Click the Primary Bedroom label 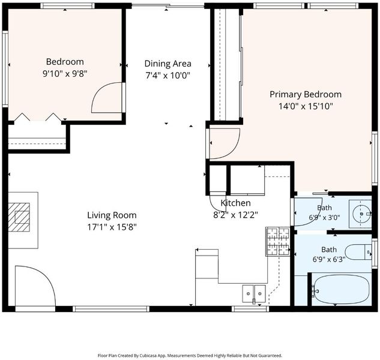coord(306,94)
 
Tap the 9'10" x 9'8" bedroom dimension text coord(65,73)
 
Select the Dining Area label coord(167,64)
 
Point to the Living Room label coord(112,215)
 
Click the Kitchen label coord(235,203)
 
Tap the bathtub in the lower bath coord(341,289)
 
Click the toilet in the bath coord(358,252)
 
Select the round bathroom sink coord(361,214)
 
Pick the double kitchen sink coord(254,293)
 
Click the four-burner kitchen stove coord(278,241)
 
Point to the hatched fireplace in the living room coord(19,217)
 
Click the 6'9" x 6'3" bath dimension coord(328,260)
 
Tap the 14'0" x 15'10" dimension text coord(306,106)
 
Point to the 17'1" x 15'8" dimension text coord(112,227)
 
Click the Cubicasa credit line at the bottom coord(190,356)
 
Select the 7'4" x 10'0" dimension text coord(167,76)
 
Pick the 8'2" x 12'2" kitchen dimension coord(235,215)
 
